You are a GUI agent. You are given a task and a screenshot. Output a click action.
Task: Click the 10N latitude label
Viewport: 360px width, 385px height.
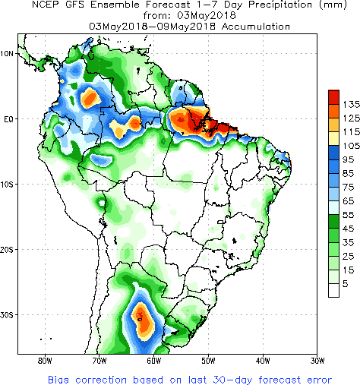(6, 54)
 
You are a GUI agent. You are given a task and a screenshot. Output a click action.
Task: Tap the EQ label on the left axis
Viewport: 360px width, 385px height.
(8, 119)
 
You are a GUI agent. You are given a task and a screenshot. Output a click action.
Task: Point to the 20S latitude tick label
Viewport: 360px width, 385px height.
(6, 250)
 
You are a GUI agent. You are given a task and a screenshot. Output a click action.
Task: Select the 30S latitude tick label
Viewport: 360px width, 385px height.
(6, 315)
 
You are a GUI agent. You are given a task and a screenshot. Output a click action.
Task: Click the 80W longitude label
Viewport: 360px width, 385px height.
(45, 361)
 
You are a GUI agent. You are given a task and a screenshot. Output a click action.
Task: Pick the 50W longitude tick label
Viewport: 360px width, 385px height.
(208, 361)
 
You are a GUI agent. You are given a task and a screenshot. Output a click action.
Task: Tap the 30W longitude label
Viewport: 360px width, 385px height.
(317, 361)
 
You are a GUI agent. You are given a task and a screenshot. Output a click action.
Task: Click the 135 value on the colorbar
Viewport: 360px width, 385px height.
(352, 104)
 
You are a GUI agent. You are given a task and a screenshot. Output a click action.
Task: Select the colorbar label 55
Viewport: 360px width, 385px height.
(349, 215)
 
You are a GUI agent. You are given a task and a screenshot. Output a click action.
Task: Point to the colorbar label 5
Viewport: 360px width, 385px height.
(346, 284)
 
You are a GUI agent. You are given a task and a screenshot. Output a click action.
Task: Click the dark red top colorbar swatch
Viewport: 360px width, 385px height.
(333, 97)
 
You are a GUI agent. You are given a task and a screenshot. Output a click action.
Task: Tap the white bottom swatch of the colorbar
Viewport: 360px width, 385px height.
(333, 290)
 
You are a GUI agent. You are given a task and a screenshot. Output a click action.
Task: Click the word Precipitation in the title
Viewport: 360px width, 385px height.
(280, 5)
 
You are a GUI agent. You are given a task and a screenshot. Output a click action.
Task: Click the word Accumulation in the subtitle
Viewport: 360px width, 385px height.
(256, 27)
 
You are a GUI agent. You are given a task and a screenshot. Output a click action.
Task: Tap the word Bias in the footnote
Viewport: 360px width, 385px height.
(58, 380)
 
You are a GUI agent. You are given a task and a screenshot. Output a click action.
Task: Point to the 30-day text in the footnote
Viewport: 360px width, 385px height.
(232, 380)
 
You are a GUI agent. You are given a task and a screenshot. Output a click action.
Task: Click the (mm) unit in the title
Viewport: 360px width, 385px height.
(333, 5)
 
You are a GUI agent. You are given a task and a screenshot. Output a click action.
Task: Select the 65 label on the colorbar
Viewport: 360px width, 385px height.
(349, 201)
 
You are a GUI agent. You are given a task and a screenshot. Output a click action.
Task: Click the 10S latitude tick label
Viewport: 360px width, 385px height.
(6, 185)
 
